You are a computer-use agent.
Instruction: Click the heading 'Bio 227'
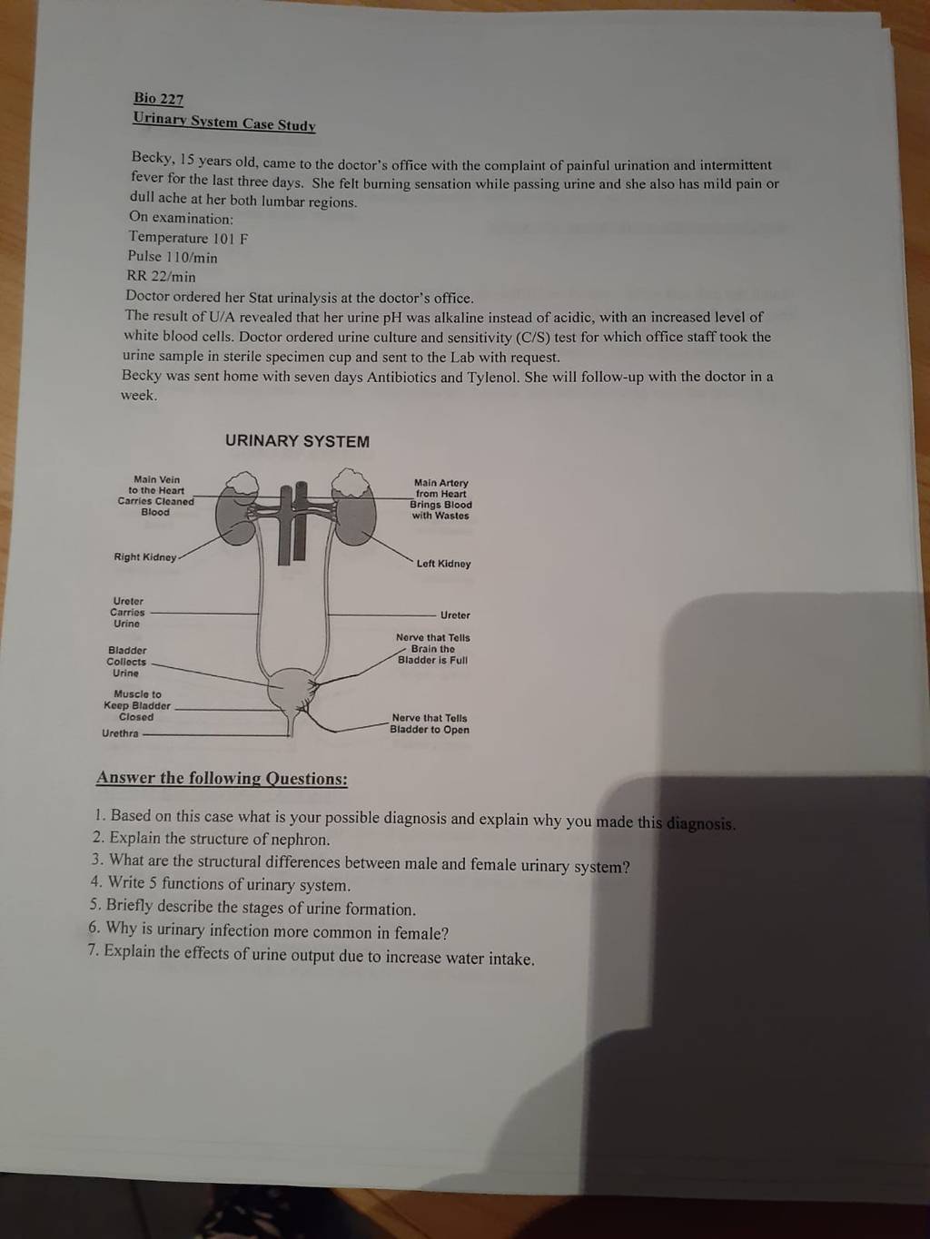click(159, 98)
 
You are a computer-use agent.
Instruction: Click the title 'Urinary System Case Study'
click(224, 122)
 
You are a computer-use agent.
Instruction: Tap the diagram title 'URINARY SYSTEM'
click(297, 441)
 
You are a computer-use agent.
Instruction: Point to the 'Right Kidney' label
click(145, 557)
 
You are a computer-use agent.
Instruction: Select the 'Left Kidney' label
click(443, 564)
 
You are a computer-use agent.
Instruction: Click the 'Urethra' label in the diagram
click(120, 733)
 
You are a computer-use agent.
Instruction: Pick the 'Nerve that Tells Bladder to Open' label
click(430, 723)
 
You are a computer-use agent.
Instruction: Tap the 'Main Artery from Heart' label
click(440, 488)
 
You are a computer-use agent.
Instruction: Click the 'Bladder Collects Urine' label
click(126, 662)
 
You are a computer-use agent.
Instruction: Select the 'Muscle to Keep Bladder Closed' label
click(137, 705)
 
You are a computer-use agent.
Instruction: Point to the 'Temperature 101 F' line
click(188, 238)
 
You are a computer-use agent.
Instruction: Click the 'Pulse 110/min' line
click(173, 257)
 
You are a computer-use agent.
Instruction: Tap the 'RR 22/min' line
click(161, 277)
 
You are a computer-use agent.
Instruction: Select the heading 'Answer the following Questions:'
click(222, 779)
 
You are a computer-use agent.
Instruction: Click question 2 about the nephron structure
click(212, 839)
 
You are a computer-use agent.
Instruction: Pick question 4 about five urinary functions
click(220, 884)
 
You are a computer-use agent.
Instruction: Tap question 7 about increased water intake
click(311, 955)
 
